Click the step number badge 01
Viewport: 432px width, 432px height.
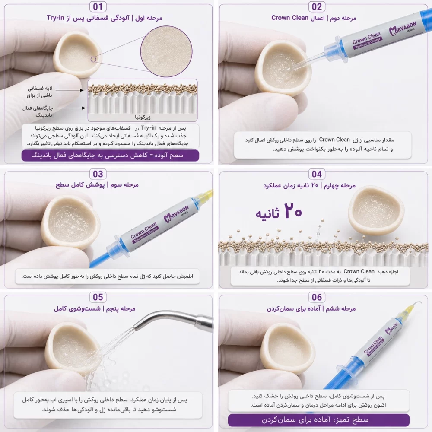(98, 6)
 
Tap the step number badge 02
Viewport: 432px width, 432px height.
(317, 6)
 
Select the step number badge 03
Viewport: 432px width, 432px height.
(98, 174)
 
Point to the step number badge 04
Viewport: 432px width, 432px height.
(317, 174)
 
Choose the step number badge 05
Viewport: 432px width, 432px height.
(98, 297)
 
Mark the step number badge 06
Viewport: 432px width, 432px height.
(317, 297)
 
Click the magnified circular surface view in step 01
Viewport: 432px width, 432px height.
(166, 51)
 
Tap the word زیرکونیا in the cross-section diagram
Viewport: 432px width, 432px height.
(143, 118)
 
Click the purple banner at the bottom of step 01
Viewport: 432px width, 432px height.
(110, 156)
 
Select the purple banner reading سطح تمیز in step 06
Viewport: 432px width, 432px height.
(319, 419)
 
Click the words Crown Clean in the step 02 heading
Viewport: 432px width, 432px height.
(289, 18)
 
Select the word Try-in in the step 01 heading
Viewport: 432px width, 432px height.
(55, 18)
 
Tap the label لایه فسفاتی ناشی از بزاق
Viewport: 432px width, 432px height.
(40, 92)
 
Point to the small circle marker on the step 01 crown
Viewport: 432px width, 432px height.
(93, 59)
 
